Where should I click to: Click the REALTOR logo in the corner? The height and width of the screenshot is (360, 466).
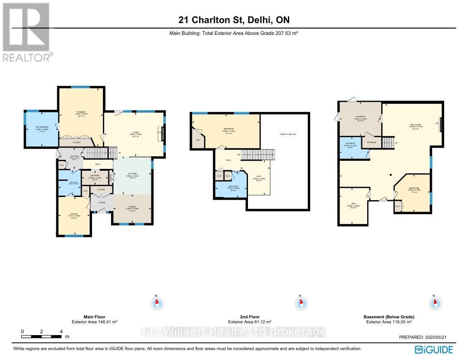[x=27, y=32]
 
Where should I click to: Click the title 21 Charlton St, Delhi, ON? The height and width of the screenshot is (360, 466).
[x=233, y=20]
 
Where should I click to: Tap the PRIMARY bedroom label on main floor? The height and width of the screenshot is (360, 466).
[x=81, y=113]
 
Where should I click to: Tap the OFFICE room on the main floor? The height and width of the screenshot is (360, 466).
[x=73, y=215]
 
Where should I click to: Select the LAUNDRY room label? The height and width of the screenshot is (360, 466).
[x=94, y=176]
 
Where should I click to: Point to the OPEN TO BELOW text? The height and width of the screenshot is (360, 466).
[x=287, y=134]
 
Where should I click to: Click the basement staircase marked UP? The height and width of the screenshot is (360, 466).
[x=388, y=143]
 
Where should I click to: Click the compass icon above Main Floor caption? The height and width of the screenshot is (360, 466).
[x=157, y=302]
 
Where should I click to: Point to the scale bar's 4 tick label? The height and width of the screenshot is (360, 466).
[x=61, y=331]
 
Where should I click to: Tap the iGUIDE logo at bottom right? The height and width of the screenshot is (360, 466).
[x=433, y=349]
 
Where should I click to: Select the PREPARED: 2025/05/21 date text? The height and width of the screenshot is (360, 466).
[x=426, y=337]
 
